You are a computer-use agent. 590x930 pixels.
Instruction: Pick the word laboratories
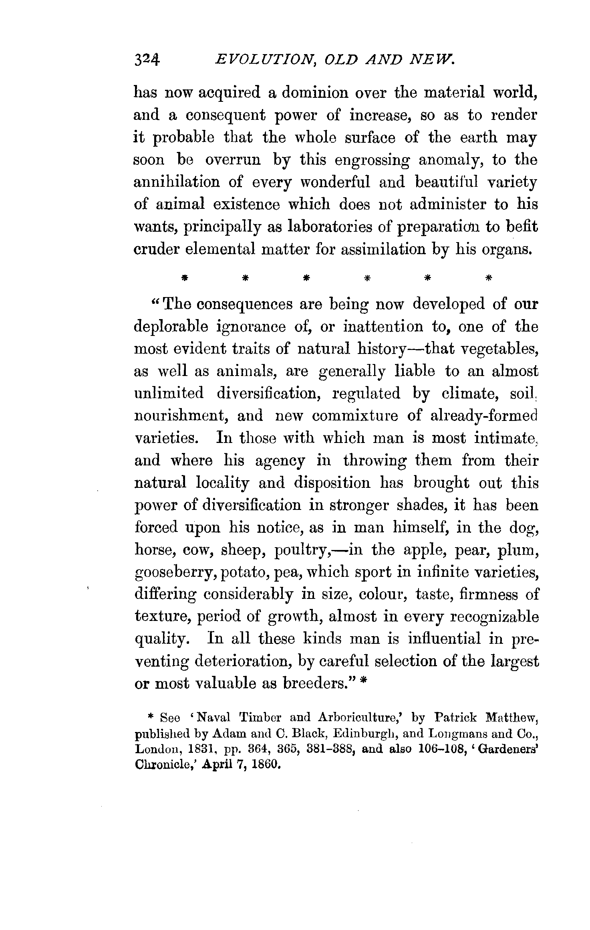(x=330, y=227)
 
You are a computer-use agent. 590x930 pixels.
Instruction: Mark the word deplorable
(x=171, y=327)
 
